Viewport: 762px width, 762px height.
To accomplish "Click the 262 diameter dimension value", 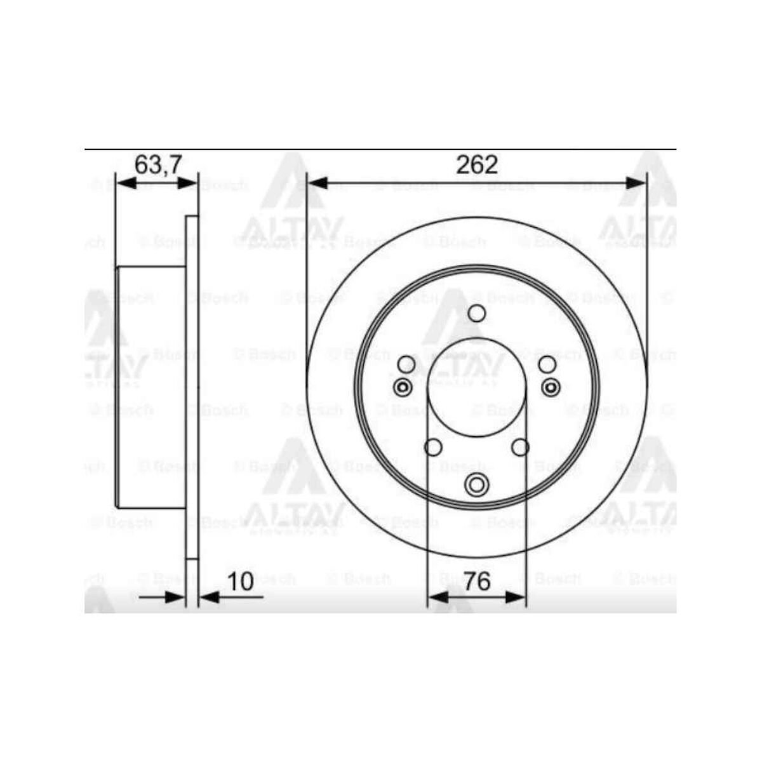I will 477,164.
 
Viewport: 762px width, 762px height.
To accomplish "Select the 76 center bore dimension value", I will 477,581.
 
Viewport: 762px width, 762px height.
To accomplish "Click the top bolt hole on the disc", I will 476,313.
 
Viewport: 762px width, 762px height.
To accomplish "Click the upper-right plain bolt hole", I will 547,364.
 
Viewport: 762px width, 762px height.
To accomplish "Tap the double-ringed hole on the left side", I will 403,387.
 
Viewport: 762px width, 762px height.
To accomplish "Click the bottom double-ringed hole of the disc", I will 476,485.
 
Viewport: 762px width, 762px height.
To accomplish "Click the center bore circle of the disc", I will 476,387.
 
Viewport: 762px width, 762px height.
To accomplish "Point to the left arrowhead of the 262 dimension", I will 316,184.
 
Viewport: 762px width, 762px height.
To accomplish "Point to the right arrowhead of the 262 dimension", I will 636,184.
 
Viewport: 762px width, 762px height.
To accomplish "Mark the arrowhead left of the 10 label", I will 210,597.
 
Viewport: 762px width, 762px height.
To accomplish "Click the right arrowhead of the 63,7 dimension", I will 189,184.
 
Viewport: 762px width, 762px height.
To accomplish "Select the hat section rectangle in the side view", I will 151,387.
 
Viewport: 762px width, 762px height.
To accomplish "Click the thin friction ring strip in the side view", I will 192,387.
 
